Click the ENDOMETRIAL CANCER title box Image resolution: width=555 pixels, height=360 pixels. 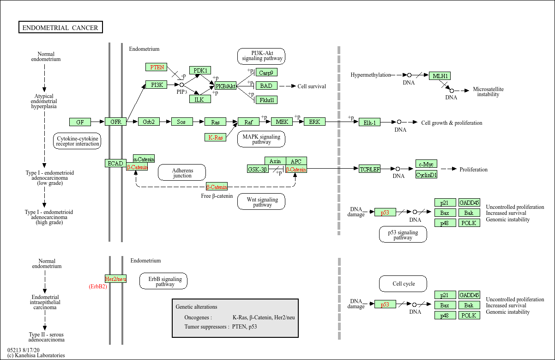tap(60, 28)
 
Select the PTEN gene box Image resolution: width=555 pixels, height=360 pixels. tap(157, 67)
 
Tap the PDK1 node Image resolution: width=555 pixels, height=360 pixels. tap(200, 70)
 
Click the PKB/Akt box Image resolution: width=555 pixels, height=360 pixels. tap(225, 86)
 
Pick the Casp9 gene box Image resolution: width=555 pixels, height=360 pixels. tap(266, 73)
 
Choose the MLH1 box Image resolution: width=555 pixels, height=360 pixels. tap(440, 76)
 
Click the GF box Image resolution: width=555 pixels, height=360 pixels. tap(80, 122)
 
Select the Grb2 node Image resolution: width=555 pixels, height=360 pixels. tap(149, 122)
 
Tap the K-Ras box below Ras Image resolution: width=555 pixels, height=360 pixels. tap(215, 137)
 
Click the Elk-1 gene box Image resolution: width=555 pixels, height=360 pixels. tap(369, 122)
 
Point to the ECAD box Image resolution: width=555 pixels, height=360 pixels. tap(115, 163)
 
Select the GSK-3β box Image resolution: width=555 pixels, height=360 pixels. tap(258, 169)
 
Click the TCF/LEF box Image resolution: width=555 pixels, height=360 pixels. tap(369, 169)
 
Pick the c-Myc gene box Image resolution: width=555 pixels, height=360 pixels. tap(426, 164)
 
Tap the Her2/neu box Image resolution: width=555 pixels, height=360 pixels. tap(115, 279)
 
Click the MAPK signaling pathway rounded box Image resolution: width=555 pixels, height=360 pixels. tap(261, 139)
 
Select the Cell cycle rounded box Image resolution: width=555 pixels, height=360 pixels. tap(403, 284)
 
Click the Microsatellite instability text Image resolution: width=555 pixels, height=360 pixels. tap(488, 92)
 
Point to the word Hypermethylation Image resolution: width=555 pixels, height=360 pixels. tap(370, 75)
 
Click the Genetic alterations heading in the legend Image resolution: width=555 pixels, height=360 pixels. tap(196, 307)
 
